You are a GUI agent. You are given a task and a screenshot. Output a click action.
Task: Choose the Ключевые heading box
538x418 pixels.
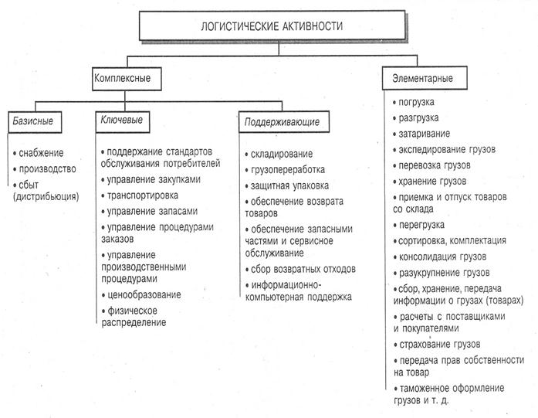[124, 121]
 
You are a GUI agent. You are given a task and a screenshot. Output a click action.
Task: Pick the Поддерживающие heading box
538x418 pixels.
[281, 122]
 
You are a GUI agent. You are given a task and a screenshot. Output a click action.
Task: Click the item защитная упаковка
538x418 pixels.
[289, 185]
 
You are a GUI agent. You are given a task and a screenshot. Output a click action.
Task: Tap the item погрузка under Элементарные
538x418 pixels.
[416, 102]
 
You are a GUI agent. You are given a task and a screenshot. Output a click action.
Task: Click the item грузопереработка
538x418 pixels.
[287, 169]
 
